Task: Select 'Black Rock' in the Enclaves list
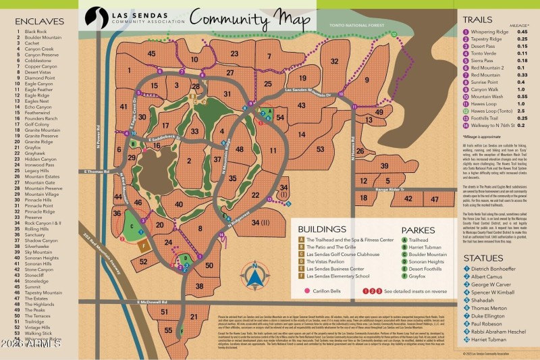(36, 32)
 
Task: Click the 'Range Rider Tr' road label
(394, 190)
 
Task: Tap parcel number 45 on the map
(151, 53)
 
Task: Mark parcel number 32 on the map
(334, 61)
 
